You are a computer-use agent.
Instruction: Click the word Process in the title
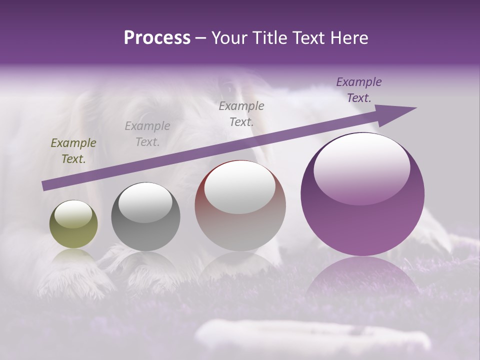[157, 38]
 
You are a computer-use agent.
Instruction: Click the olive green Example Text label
[73, 151]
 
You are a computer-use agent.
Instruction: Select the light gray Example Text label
[147, 134]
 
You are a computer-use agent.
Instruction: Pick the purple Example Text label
[359, 90]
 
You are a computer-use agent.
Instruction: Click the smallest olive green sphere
[73, 224]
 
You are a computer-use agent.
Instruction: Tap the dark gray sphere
[145, 217]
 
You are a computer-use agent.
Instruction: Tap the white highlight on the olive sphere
[73, 214]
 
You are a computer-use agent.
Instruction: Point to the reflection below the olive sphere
[73, 258]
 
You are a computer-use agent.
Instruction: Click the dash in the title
[201, 38]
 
